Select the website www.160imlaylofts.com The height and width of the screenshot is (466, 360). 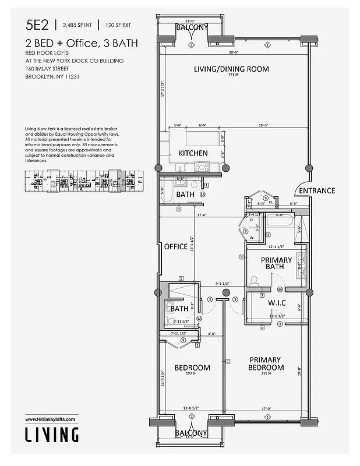click(51, 419)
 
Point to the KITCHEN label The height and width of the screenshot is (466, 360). click(193, 153)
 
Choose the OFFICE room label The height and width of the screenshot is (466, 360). click(175, 246)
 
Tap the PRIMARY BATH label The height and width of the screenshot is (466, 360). click(276, 264)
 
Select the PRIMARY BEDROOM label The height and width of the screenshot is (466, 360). click(265, 363)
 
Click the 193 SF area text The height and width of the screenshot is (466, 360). click(192, 375)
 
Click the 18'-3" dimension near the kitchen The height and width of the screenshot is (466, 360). click(263, 125)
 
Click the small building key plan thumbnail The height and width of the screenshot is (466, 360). click(79, 181)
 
